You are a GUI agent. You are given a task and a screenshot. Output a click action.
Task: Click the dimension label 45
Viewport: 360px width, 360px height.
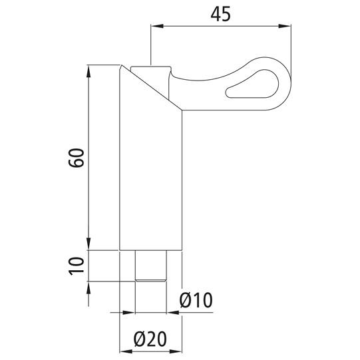221,14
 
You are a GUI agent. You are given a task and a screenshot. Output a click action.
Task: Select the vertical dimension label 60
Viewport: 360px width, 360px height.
77,158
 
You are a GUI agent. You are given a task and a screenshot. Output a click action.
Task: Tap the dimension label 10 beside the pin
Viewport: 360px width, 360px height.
77,266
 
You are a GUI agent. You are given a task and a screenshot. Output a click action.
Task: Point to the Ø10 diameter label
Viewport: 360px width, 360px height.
196,300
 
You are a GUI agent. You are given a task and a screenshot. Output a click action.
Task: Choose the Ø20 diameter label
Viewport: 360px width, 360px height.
150,339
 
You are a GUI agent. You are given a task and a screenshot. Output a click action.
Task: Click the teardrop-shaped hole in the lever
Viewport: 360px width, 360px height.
252,84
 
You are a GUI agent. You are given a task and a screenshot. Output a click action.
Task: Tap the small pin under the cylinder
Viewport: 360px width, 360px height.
151,266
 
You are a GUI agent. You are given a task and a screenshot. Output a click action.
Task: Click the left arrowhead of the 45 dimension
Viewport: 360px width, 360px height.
157,26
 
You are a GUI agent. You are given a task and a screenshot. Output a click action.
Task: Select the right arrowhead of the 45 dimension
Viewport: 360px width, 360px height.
285,26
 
